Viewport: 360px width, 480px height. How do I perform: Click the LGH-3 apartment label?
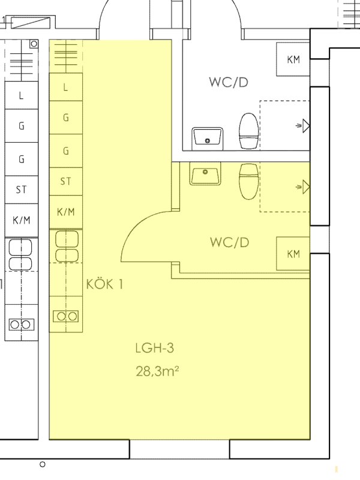coord(155,348)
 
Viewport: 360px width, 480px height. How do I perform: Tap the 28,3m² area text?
coord(157,371)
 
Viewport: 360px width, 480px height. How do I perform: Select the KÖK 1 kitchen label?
coord(104,284)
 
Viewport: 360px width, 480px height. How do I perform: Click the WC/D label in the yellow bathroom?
coord(230,242)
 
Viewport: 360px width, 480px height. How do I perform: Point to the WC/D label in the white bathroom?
coord(229,82)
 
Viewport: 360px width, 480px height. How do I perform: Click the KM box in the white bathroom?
coord(293,59)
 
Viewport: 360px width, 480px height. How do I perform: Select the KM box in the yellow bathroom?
coord(293,253)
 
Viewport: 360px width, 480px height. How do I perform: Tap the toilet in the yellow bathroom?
coord(248,181)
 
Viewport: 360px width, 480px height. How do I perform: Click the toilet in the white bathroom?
coord(248,131)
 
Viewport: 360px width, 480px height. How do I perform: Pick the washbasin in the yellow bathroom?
coord(205,173)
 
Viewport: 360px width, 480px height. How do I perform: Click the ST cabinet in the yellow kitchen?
coord(66,181)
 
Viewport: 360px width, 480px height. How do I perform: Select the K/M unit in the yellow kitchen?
coord(66,212)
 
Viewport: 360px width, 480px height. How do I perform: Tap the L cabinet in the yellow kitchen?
coord(66,87)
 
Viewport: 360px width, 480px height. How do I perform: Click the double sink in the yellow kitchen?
coord(67,247)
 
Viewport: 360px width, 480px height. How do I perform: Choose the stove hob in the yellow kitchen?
coord(65,316)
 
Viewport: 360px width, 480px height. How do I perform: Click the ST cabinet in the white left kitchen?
coord(22,190)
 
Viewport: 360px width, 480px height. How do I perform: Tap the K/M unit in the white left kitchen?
coord(22,220)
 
